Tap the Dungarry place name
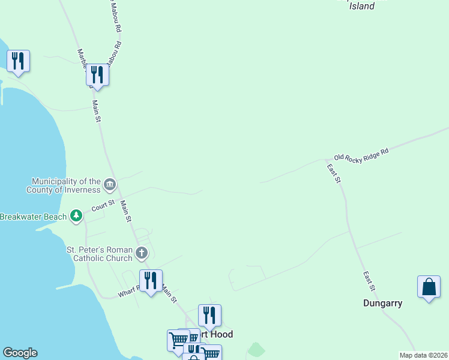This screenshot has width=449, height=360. (x=382, y=303)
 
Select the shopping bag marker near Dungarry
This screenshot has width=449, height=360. (x=429, y=287)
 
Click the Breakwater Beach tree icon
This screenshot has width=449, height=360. (x=76, y=215)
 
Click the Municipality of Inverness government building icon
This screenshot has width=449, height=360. (x=110, y=184)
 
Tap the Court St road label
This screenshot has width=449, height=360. (x=103, y=206)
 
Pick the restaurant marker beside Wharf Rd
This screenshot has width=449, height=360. (x=151, y=281)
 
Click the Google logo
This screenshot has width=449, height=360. (x=20, y=353)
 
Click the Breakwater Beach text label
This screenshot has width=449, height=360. (x=33, y=216)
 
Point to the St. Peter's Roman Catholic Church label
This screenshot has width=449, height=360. (x=99, y=254)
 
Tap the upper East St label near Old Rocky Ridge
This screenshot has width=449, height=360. (x=334, y=173)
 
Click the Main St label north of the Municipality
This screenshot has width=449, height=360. (x=97, y=112)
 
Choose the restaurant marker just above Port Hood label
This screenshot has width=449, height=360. (x=209, y=315)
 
